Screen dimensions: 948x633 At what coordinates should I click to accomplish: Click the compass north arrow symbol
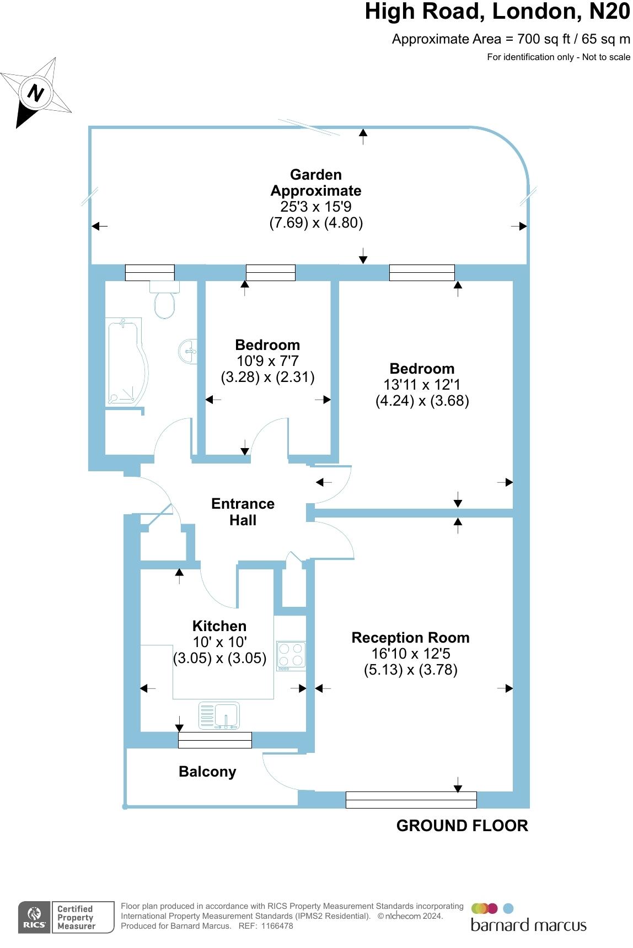pos(36,92)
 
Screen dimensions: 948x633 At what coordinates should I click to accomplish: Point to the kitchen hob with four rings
pos(291,655)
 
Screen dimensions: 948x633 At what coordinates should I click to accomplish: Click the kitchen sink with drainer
pos(219,715)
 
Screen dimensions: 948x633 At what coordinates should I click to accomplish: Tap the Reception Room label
pos(410,638)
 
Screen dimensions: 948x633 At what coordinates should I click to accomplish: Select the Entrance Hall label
pos(243,511)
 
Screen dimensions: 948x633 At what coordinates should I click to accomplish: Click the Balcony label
pos(207,772)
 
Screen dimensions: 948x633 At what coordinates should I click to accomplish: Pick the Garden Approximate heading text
pos(316,182)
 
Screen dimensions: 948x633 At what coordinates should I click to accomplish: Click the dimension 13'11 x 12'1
pos(422,385)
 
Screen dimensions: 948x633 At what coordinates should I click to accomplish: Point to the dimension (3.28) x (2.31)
pos(267,377)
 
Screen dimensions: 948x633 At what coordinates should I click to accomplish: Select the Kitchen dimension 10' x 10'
pos(219,642)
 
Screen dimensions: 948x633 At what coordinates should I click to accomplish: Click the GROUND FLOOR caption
pos(462,826)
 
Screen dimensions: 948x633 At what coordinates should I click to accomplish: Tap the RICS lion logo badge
pos(35,918)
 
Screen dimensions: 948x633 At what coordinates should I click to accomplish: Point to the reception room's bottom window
pos(411,800)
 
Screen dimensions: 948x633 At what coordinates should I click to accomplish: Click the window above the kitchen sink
pos(215,740)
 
